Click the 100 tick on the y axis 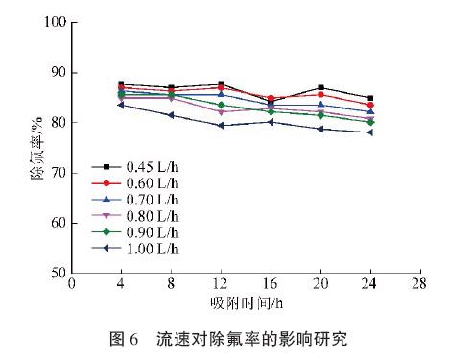(54, 22)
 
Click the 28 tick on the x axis (417, 285)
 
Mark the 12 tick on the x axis (221, 285)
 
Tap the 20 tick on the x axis (319, 285)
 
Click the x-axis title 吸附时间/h (246, 303)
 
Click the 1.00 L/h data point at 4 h (121, 105)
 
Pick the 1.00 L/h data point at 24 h (368, 132)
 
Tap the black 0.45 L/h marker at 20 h (319, 88)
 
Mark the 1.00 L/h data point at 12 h (220, 126)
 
